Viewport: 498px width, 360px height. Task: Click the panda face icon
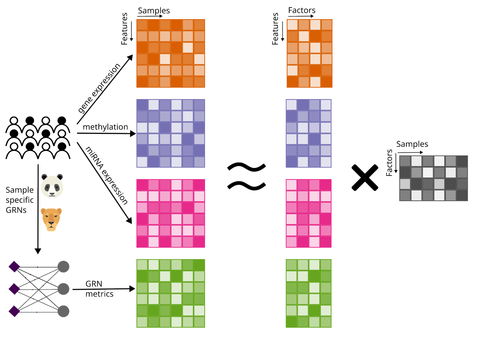52,185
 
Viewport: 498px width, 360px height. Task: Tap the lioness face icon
51,219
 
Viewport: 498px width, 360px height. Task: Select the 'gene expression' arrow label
99,88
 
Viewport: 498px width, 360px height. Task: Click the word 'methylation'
105,127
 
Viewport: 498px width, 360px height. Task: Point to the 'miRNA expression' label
106,175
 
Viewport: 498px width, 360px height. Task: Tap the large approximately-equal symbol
246,176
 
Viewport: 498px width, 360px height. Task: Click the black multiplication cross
365,178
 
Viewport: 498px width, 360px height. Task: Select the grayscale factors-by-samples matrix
433,178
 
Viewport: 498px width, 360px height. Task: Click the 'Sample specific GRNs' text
20,200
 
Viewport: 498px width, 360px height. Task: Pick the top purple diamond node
15,266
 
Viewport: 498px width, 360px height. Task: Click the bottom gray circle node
63,311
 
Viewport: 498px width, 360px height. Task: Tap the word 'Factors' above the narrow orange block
302,10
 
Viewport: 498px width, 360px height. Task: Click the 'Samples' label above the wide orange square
154,11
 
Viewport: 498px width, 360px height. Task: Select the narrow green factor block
308,293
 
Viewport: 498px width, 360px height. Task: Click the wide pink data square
171,213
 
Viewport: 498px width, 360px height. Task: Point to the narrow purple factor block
308,133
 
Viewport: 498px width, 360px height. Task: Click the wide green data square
171,293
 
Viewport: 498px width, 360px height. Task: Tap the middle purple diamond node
15,288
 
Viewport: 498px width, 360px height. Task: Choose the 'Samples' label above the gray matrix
412,144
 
